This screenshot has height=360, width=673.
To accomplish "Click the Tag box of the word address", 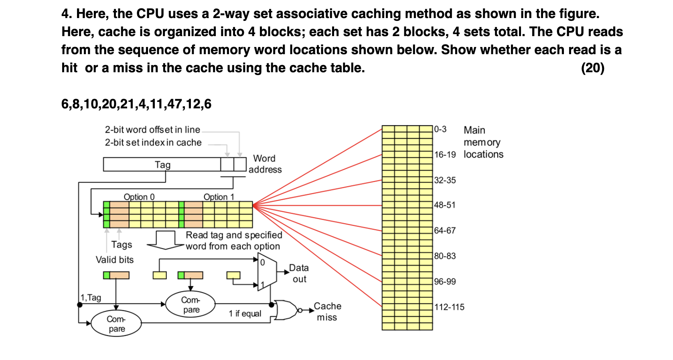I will [x=162, y=165].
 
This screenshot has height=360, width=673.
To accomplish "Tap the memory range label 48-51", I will [x=445, y=205].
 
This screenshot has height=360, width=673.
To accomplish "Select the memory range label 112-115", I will [x=449, y=307].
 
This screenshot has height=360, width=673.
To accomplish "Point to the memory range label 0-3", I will [x=440, y=129].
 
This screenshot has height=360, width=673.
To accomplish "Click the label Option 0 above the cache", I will [x=139, y=197].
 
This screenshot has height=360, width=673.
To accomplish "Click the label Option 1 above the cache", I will [x=219, y=197].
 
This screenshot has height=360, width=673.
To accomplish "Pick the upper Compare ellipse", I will [x=191, y=305].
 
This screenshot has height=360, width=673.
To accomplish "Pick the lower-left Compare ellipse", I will [x=116, y=323].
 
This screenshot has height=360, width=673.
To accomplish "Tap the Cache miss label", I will [x=327, y=311].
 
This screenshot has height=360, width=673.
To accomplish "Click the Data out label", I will [x=299, y=273].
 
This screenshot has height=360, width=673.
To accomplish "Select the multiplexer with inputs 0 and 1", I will [x=267, y=272].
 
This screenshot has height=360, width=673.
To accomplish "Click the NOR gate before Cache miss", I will [x=286, y=310].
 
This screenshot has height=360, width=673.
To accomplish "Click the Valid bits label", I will [x=114, y=260].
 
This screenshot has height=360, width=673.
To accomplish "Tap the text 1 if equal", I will [x=245, y=313].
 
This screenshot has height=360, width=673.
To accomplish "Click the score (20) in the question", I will [x=592, y=68].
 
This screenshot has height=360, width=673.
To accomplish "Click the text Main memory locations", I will [x=483, y=142].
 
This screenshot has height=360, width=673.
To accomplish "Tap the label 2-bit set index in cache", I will [x=153, y=142].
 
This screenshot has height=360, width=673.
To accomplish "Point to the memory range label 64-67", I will [x=445, y=230].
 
